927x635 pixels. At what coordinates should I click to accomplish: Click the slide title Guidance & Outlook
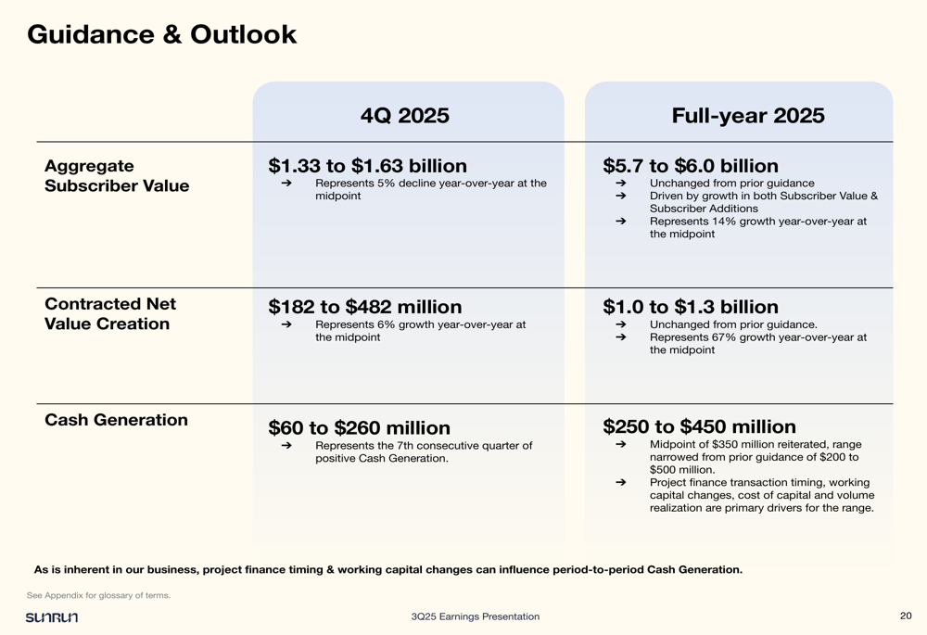click(x=161, y=34)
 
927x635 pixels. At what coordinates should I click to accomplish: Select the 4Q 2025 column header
click(x=404, y=116)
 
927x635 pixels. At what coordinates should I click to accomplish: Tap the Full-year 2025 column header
click(x=747, y=116)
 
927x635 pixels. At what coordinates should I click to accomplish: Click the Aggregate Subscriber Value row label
click(x=116, y=176)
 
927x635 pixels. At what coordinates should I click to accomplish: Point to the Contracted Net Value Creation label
click(x=109, y=314)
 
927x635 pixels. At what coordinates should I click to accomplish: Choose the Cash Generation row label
click(x=116, y=420)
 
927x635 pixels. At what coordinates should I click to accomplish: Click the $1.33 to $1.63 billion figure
click(x=367, y=166)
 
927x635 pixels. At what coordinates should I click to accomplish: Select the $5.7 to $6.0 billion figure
click(x=690, y=166)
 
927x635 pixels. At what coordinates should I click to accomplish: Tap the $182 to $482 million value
click(x=364, y=307)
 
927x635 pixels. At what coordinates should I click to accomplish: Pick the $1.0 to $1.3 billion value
click(x=690, y=307)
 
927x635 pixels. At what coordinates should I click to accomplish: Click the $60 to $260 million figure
click(x=359, y=428)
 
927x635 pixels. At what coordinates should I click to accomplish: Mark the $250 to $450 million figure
click(x=699, y=427)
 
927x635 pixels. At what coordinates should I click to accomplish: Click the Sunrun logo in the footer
click(x=52, y=617)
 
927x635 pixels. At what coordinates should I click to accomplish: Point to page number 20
click(x=906, y=616)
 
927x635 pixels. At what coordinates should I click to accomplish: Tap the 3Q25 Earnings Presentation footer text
click(x=475, y=616)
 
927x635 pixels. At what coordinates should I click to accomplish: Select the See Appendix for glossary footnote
click(x=98, y=595)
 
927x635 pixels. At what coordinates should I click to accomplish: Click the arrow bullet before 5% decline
click(x=286, y=184)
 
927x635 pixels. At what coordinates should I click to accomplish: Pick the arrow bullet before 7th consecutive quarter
click(x=286, y=446)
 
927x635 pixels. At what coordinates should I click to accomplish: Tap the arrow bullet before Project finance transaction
click(x=620, y=482)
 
